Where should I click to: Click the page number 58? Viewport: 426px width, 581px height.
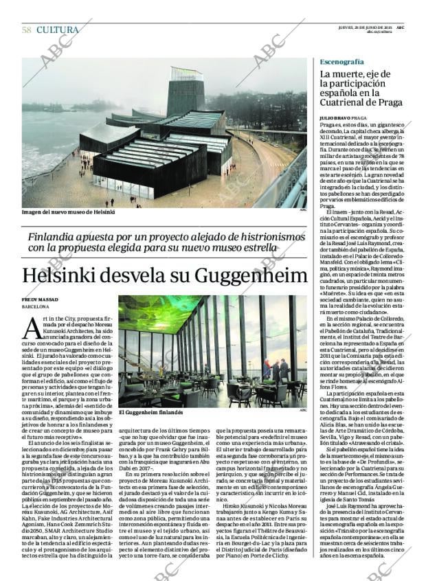[26, 30]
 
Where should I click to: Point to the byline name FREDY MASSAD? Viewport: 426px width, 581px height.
[41, 300]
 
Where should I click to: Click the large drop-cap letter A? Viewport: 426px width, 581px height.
[34, 328]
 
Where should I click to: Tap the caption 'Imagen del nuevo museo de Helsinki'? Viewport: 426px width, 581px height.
[69, 212]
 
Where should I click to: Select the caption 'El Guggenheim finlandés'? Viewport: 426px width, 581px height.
[150, 413]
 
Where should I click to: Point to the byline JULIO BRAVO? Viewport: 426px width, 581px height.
[336, 118]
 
